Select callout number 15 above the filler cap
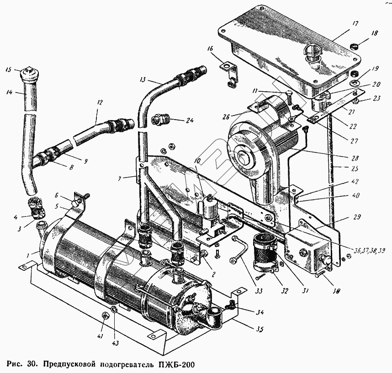8,70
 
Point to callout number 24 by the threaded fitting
190,121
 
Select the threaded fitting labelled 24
162,120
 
